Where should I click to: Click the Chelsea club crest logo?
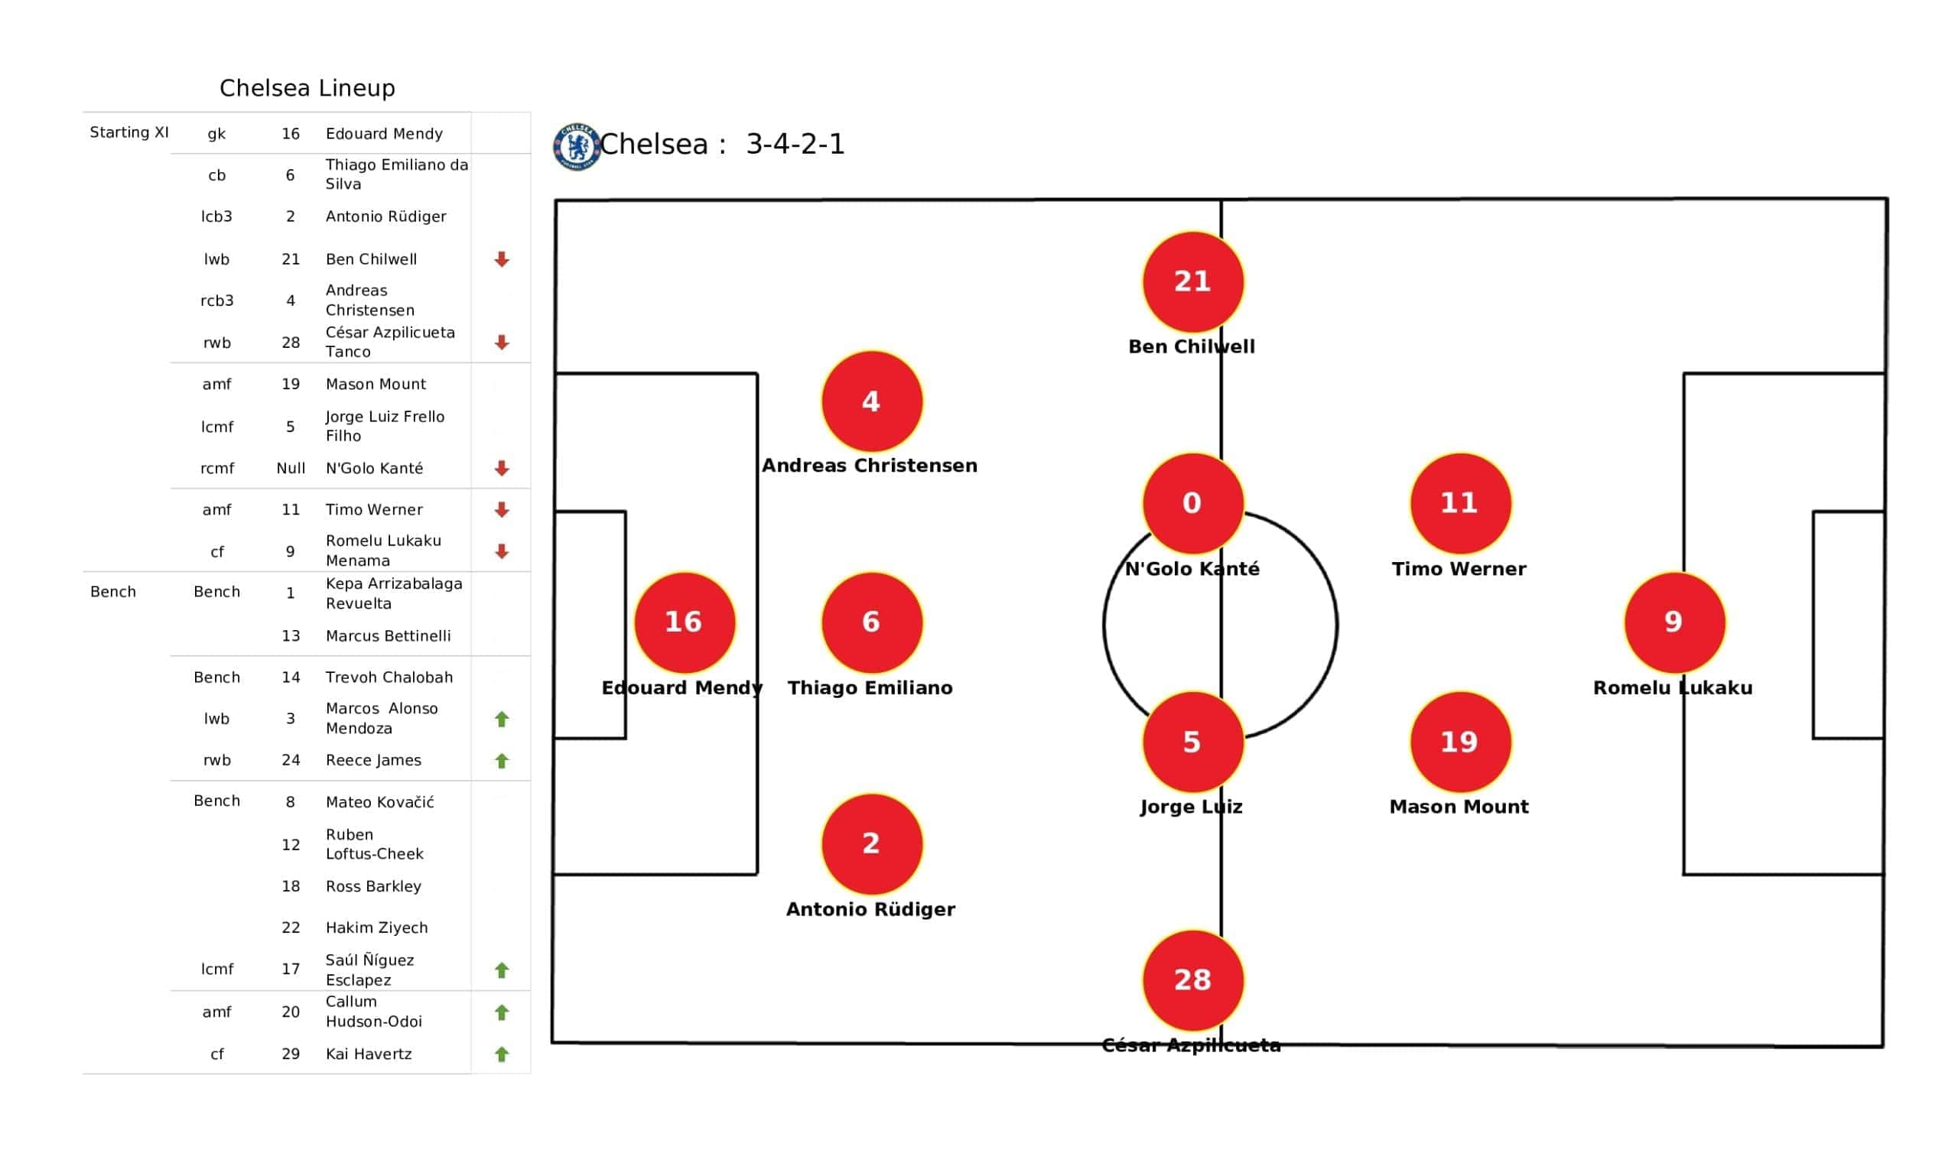(576, 146)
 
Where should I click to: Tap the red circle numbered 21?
(1192, 281)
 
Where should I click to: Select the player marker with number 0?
(1192, 502)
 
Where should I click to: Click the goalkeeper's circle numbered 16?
(684, 622)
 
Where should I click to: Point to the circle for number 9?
(1673, 622)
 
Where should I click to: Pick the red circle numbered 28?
(1192, 979)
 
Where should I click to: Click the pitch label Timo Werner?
(1459, 569)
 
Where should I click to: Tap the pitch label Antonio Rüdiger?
(870, 909)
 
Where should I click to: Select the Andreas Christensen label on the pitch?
(869, 466)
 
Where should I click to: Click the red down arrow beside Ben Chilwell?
(502, 259)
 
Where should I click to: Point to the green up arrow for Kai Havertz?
(502, 1054)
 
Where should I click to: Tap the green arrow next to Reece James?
(502, 761)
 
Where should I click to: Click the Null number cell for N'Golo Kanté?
(291, 469)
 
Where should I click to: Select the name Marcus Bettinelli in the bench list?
(388, 635)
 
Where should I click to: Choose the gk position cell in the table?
(216, 134)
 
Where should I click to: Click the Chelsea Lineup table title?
(307, 88)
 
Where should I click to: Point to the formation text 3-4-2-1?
(794, 145)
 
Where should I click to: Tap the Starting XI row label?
(129, 132)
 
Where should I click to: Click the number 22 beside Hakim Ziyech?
(291, 927)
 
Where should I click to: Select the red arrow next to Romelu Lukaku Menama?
(502, 552)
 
